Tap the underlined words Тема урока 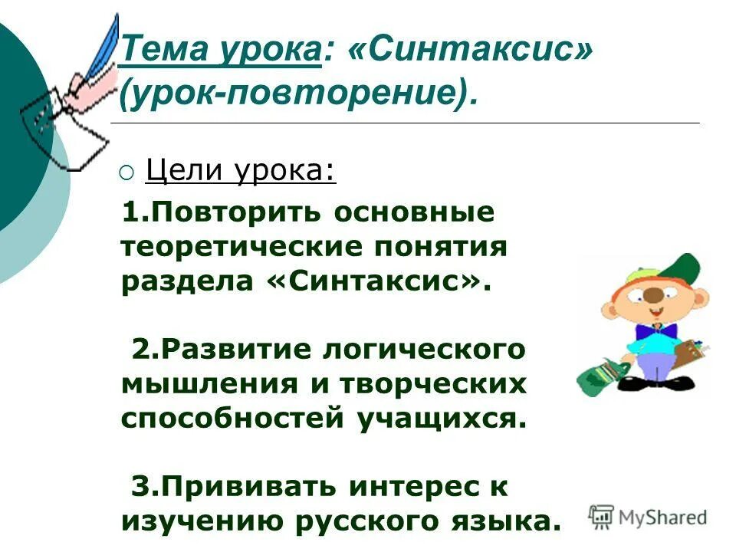(x=220, y=53)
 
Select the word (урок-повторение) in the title (x=297, y=93)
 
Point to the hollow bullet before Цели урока (x=126, y=172)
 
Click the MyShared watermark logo (x=648, y=515)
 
